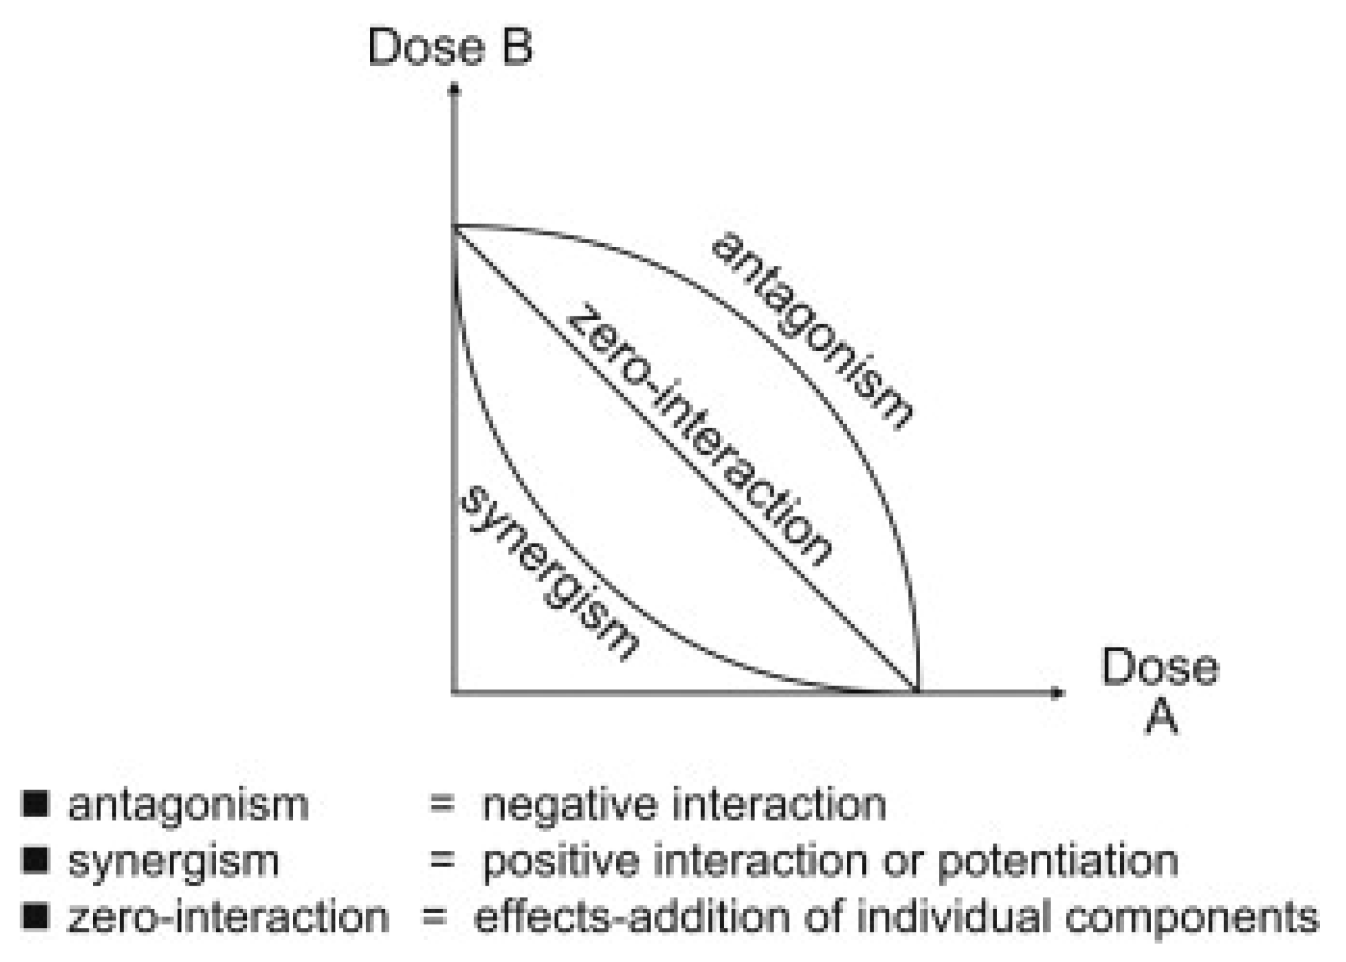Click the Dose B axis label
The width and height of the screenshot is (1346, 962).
click(450, 47)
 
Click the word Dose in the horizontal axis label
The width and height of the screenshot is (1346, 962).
click(1160, 667)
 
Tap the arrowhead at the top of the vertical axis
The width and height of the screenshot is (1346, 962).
click(454, 90)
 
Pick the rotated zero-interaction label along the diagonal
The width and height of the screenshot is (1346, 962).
click(698, 434)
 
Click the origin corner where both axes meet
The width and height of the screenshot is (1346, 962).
click(454, 693)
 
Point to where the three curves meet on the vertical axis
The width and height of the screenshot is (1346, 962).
click(454, 227)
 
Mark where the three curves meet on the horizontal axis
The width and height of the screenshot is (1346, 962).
click(917, 692)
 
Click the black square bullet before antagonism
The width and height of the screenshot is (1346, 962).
click(35, 804)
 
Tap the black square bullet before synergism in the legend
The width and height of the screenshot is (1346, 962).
click(35, 860)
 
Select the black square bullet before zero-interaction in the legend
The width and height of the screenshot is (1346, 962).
click(35, 916)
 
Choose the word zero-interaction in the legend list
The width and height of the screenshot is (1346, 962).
click(228, 917)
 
